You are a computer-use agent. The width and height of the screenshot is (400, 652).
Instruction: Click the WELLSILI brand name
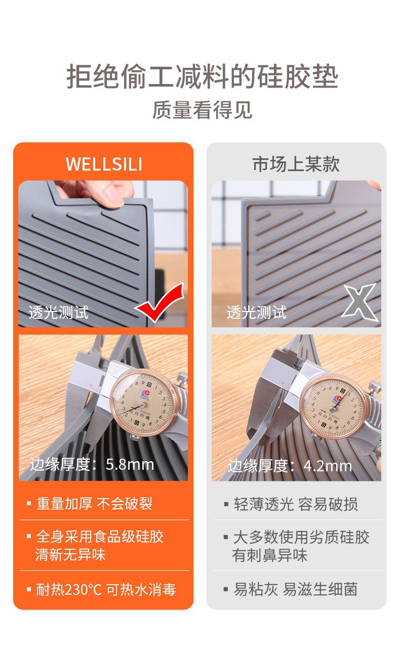coord(104,164)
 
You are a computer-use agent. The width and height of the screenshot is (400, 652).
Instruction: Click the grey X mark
coord(359,302)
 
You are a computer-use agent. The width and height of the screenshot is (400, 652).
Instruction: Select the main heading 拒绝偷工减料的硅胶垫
coord(202,76)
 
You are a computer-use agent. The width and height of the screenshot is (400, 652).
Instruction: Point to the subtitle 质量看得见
coord(202,110)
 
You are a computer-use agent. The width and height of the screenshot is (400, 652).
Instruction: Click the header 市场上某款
coord(296,164)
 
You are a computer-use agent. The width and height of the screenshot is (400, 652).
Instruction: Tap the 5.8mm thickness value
coord(130,464)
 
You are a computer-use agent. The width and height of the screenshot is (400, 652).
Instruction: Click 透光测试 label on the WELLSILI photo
coord(59,313)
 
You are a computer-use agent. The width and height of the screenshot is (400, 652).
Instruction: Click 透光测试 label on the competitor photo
coord(257,313)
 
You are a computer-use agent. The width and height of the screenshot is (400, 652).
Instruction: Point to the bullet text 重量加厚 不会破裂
coord(94,504)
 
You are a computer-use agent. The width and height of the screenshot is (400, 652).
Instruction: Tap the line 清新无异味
coord(70,555)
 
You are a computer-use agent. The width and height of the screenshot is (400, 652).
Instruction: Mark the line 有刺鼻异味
coord(270,555)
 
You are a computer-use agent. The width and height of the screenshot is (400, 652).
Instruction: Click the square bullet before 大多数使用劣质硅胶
coord(226,537)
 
